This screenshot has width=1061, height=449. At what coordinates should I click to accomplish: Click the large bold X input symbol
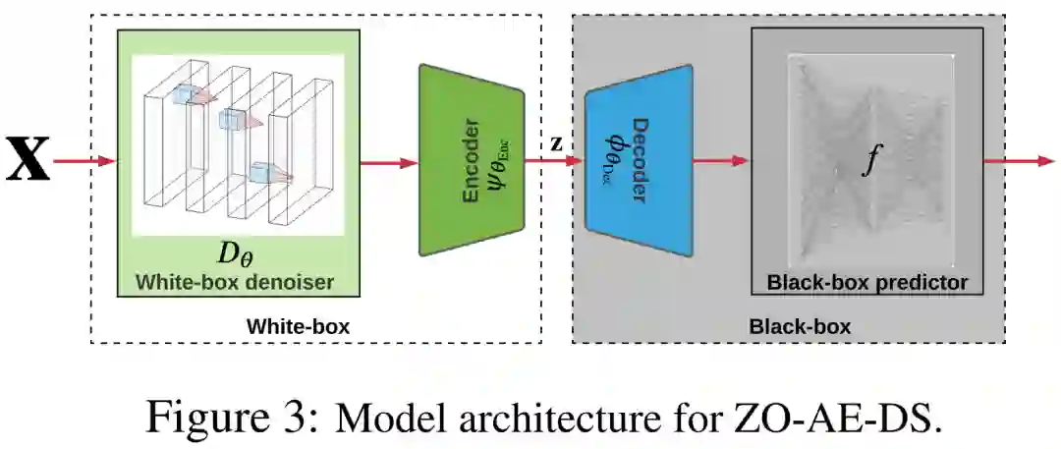(x=28, y=161)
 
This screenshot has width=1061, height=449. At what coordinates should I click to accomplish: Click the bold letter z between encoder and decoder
(x=556, y=142)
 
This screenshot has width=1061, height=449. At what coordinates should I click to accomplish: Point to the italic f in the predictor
(x=866, y=161)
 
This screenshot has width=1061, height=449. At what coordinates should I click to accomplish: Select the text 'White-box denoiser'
(x=235, y=282)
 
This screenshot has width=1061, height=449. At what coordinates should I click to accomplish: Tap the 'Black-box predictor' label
(x=867, y=282)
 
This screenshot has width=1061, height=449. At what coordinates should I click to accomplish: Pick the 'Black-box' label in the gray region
(x=800, y=325)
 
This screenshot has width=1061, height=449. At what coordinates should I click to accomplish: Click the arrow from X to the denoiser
(x=84, y=161)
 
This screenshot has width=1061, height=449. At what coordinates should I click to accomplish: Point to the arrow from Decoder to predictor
(x=721, y=162)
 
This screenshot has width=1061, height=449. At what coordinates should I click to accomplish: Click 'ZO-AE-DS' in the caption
(x=841, y=417)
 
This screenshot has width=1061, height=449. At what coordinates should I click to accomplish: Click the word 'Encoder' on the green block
(x=471, y=162)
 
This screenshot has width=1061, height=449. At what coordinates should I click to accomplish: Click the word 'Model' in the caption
(x=381, y=417)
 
